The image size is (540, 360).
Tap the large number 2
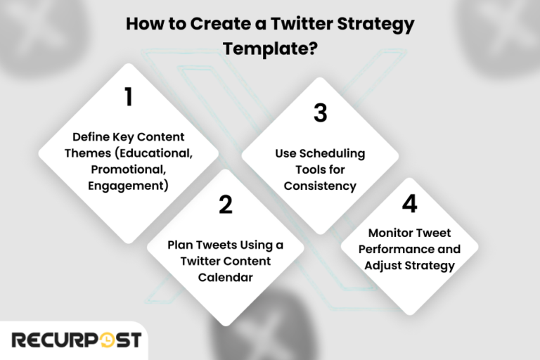[x=225, y=204]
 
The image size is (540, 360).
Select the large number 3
[x=321, y=112]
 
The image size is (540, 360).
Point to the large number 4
[x=410, y=204]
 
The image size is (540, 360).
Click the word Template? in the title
[x=269, y=49]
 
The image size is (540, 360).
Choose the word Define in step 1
[x=90, y=136]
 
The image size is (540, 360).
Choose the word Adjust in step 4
[x=388, y=266]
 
